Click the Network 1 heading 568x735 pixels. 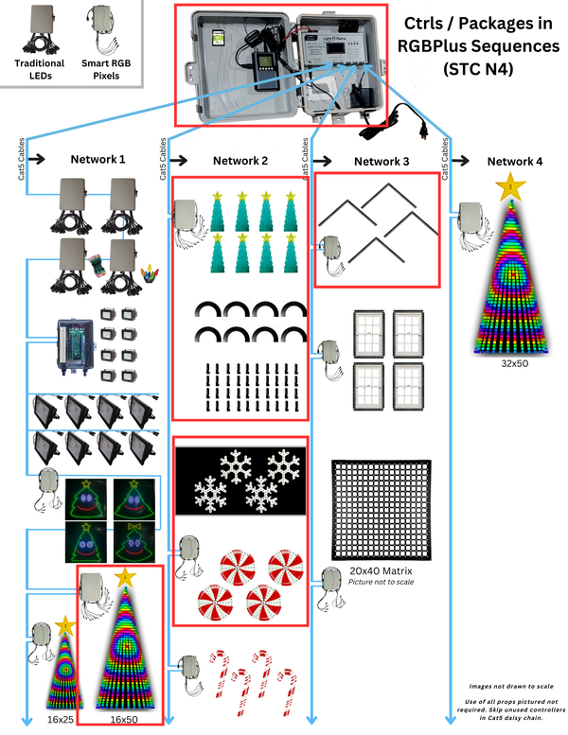click(98, 160)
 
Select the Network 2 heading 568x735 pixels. click(240, 162)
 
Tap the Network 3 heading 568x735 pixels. click(382, 162)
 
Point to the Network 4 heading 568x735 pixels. click(515, 162)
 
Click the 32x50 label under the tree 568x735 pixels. click(512, 361)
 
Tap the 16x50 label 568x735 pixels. click(124, 720)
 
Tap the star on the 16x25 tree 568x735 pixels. click(64, 625)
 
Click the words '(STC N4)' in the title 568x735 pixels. click(478, 68)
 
